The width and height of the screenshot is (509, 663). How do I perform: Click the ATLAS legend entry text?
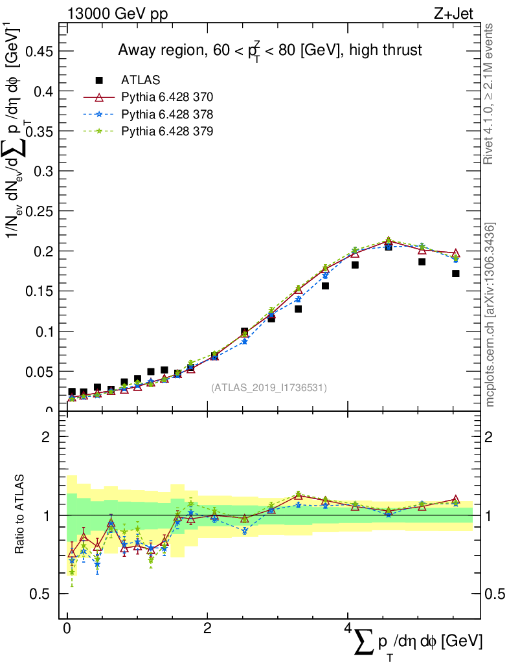[x=141, y=80]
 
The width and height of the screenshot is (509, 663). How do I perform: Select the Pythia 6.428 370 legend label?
[x=167, y=97]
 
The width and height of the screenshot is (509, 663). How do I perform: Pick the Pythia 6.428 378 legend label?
[x=167, y=114]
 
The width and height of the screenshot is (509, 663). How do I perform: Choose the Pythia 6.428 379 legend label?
[x=167, y=131]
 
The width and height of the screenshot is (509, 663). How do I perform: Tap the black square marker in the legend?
[x=99, y=80]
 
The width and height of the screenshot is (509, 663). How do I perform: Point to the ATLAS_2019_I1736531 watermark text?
[x=269, y=388]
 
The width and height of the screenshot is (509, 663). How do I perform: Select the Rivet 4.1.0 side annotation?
[x=489, y=94]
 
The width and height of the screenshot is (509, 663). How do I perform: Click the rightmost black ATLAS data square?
[x=456, y=273]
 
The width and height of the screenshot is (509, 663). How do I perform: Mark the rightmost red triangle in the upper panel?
[x=456, y=253]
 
